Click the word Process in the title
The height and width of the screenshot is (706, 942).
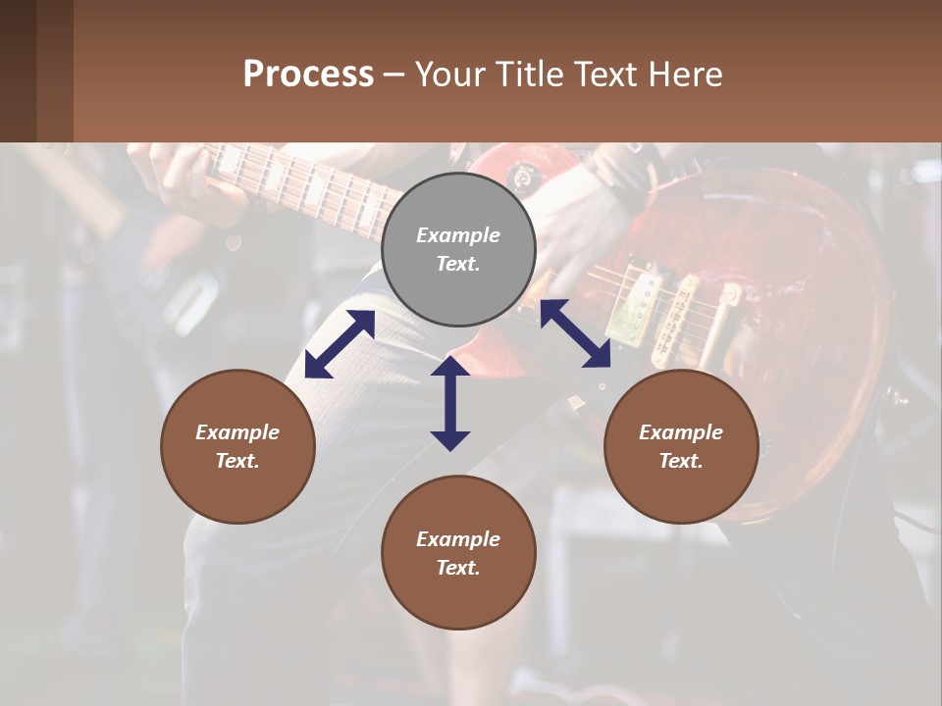(308, 75)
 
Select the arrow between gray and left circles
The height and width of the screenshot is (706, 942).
(340, 344)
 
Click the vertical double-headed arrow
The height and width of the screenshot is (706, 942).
(450, 403)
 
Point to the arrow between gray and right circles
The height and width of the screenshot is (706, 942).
(575, 333)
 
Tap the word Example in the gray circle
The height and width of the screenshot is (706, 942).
(458, 235)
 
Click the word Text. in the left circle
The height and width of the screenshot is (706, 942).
(237, 461)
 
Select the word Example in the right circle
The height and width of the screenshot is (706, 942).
(681, 432)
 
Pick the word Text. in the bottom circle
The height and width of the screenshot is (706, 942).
(458, 568)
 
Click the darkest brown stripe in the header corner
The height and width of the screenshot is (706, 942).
(18, 71)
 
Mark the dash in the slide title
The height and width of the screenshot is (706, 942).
(393, 75)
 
